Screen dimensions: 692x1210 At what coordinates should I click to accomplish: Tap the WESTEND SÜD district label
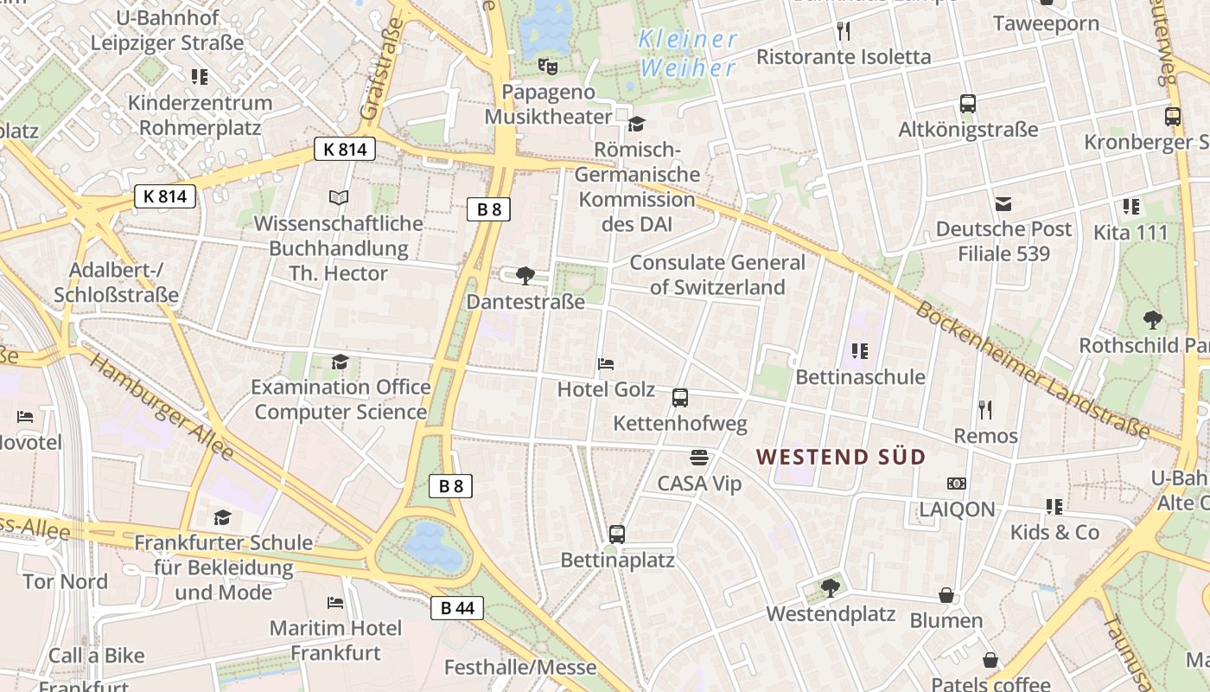coord(841,457)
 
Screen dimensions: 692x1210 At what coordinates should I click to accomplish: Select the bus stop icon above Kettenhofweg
coord(680,398)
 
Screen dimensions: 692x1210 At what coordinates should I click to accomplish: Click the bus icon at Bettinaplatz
coord(616,535)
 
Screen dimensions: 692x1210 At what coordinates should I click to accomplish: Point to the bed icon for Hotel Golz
coord(606,364)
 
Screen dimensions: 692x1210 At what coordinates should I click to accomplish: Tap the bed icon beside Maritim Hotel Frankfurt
coord(335,602)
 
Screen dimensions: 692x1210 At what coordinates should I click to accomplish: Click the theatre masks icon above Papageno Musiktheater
coord(547,66)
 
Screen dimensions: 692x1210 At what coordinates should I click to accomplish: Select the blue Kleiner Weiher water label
coord(688,53)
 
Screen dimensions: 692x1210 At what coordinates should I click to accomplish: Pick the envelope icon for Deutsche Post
coord(1003,204)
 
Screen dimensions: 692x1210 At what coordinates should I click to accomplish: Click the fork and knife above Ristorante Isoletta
coord(844,31)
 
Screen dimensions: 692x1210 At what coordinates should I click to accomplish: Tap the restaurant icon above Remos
coord(985,409)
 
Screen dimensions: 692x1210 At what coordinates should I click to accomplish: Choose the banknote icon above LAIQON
coord(956,484)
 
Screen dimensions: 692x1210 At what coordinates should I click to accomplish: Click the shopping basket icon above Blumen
coord(946,595)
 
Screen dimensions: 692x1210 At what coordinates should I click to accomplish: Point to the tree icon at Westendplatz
coord(830,588)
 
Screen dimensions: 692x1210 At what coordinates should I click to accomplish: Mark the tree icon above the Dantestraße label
coord(525,276)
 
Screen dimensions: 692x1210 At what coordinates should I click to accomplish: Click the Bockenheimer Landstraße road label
coord(1032,369)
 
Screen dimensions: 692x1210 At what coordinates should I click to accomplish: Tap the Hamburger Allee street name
coord(162,407)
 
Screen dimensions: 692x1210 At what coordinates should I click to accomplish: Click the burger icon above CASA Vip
coord(699,457)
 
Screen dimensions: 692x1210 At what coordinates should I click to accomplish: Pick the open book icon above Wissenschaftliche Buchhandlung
coord(339,198)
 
